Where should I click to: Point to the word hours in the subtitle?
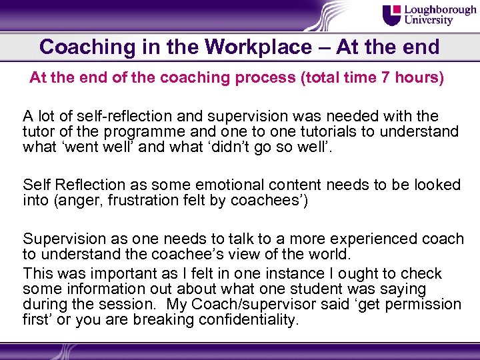click(419, 78)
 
